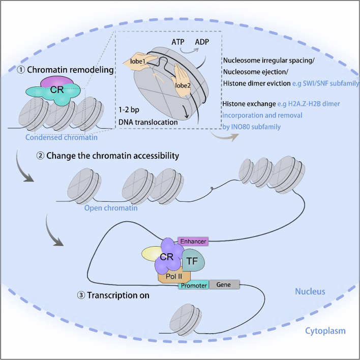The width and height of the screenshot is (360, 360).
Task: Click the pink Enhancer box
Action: [x=193, y=242]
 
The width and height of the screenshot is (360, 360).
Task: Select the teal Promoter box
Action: [x=194, y=285]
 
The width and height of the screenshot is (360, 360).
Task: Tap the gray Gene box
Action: [x=224, y=285]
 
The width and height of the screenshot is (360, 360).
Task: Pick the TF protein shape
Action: [x=193, y=260]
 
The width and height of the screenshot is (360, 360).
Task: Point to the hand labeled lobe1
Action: [x=140, y=61]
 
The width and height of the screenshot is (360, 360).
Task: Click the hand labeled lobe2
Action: [x=182, y=80]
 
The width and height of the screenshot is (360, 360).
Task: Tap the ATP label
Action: [x=178, y=42]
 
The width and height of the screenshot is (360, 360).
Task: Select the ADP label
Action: [x=202, y=42]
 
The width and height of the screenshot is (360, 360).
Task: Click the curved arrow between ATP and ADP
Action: [x=189, y=52]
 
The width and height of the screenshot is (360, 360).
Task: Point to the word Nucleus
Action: [x=310, y=291]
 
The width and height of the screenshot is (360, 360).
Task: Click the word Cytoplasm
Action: [x=325, y=331]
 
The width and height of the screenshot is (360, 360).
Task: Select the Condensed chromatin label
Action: [x=62, y=137]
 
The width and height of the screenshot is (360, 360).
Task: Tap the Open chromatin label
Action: [x=111, y=208]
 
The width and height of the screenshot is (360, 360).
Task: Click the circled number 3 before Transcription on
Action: [x=81, y=295]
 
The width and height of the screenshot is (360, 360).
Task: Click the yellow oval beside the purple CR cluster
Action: [x=152, y=254]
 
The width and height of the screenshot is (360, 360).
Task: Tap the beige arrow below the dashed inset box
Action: [x=224, y=136]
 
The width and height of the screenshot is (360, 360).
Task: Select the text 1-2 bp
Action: [x=129, y=110]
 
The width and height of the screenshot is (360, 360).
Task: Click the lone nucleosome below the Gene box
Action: [x=186, y=320]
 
